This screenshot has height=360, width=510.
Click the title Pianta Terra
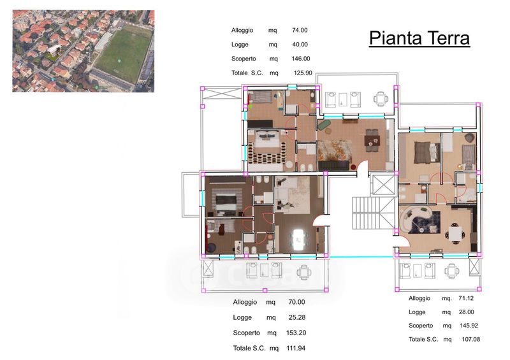click(419, 38)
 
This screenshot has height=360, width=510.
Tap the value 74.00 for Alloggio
click(300, 30)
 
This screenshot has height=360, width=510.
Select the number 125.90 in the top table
click(303, 73)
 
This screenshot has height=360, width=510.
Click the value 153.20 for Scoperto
click(296, 333)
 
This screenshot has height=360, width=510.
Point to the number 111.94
click(296, 348)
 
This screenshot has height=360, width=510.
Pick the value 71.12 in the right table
click(466, 298)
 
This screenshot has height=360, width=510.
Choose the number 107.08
click(470, 339)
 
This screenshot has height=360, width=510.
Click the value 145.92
click(469, 325)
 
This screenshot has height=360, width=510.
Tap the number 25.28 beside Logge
click(297, 317)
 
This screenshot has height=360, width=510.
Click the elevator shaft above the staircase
click(383, 185)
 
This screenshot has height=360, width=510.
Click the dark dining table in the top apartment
click(372, 141)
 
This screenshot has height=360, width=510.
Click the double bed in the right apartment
click(426, 152)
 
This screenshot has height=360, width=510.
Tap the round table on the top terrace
click(381, 99)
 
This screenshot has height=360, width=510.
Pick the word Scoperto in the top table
click(244, 59)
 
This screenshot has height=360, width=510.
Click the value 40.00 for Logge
click(300, 45)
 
